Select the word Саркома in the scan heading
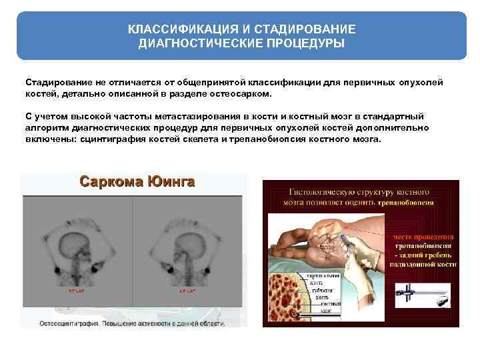[107, 181]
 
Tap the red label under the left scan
[76, 292]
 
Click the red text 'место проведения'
[422, 237]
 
